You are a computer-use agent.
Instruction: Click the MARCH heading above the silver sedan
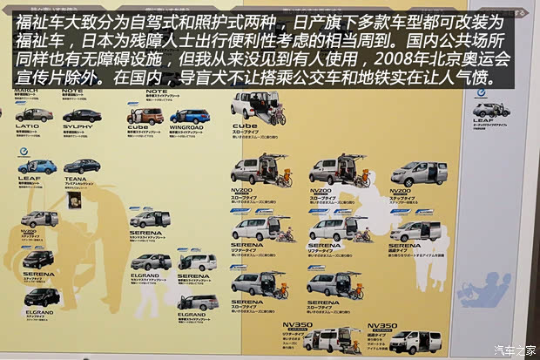point(26,90)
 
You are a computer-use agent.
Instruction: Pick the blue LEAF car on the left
point(37,166)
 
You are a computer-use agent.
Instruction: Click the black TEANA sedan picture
point(82,166)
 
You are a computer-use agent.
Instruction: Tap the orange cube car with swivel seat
point(145,116)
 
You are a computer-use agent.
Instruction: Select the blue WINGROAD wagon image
point(190,116)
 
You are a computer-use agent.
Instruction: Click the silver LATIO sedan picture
point(34,115)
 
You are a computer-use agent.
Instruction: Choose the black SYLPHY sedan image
point(82,115)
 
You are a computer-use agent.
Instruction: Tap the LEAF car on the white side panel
point(492,110)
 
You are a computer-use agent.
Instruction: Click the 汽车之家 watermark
point(514,350)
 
